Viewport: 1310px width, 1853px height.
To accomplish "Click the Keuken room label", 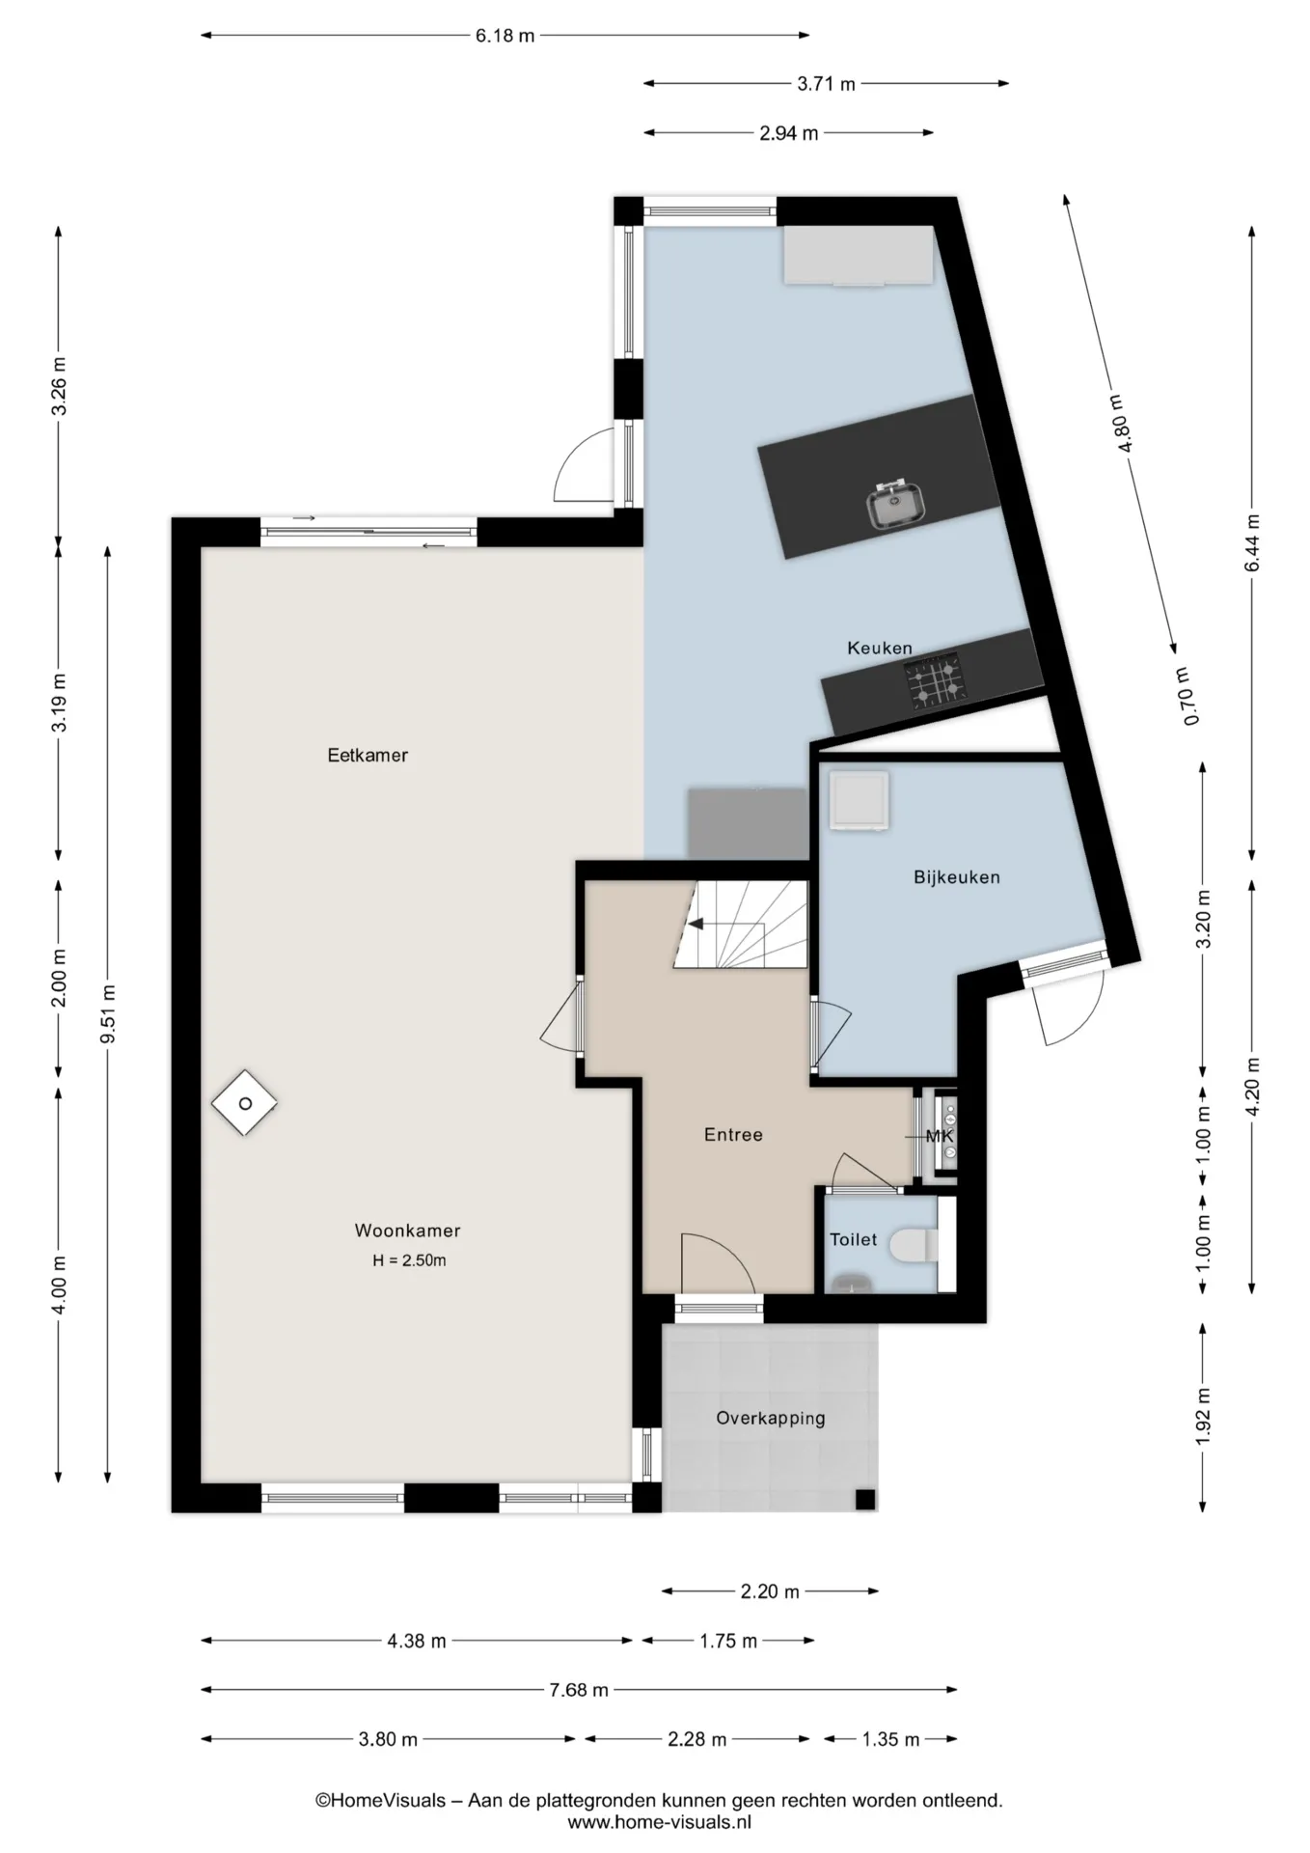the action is click(x=879, y=648).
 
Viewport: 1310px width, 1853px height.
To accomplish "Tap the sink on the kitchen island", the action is click(x=896, y=503).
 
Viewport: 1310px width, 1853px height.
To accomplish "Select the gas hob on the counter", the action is click(x=934, y=681).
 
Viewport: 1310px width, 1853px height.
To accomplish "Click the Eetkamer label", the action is click(x=368, y=756).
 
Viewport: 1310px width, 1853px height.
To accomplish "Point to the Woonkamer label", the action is click(x=407, y=1231).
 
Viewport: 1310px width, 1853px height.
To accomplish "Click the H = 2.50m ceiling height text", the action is click(x=409, y=1260).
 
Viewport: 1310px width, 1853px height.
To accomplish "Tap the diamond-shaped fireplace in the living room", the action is click(x=245, y=1103).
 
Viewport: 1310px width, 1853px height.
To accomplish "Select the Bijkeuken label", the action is click(x=956, y=877).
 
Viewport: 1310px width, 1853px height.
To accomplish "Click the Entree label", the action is click(x=733, y=1135).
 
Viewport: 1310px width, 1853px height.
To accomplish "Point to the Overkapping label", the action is click(x=770, y=1419).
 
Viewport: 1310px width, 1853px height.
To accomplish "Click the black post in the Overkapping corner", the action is click(x=865, y=1499).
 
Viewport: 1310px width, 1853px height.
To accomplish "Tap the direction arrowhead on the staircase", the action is click(x=695, y=925).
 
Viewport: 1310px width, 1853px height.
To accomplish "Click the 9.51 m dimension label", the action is click(x=109, y=1013).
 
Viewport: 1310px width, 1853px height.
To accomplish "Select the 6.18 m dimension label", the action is click(x=505, y=37).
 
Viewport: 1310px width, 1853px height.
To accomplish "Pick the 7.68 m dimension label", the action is click(x=579, y=1690).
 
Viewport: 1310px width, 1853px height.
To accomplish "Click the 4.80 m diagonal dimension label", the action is click(x=1122, y=422).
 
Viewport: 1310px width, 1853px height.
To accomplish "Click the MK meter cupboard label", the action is click(x=939, y=1137).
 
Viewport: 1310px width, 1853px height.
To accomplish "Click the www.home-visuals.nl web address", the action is click(x=659, y=1822).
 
